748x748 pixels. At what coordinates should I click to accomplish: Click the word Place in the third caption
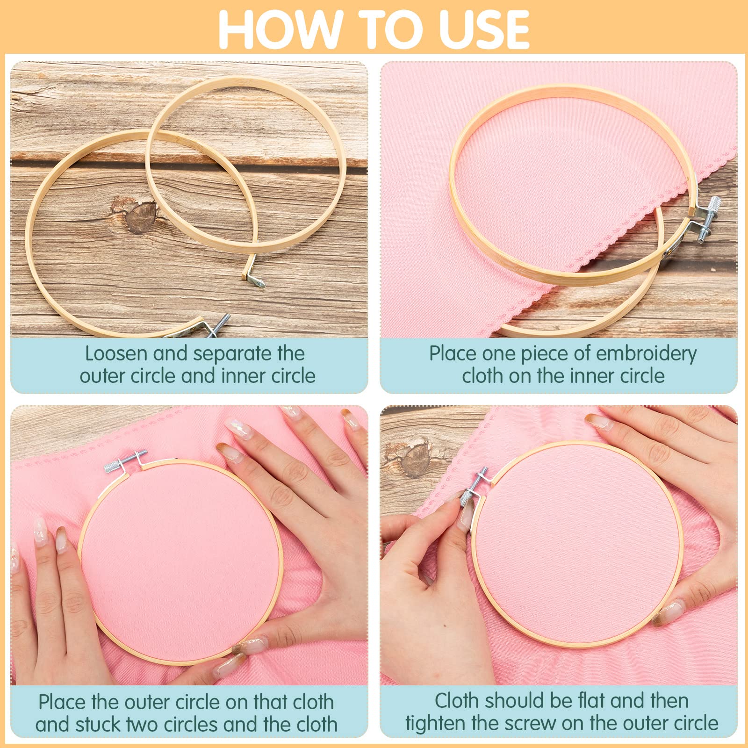coord(62,702)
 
